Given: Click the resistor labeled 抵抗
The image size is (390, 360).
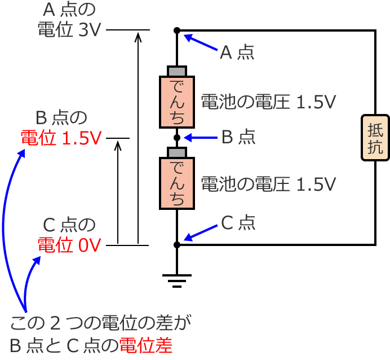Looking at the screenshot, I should point(375,138).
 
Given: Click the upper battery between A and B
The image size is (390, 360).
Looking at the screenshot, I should point(177,102).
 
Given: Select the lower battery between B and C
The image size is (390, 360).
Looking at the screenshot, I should point(177,183).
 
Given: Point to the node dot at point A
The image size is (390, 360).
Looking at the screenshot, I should point(177,30).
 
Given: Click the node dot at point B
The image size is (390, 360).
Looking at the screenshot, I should point(177,137).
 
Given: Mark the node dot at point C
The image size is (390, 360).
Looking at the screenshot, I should point(177,245).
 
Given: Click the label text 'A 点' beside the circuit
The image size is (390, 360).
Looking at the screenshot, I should point(237,52).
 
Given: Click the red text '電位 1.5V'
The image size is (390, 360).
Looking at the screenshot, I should point(61,138).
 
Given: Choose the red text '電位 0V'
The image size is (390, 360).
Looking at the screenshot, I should point(69,245).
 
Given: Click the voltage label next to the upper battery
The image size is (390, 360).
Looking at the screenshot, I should point(268,102).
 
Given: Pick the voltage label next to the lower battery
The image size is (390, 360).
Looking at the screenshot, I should point(268,183).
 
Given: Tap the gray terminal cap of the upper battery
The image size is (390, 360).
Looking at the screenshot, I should point(177,71).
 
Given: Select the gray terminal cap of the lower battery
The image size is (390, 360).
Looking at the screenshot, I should point(177,152).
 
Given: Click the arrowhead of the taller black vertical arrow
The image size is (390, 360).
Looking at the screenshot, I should point(138,36).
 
